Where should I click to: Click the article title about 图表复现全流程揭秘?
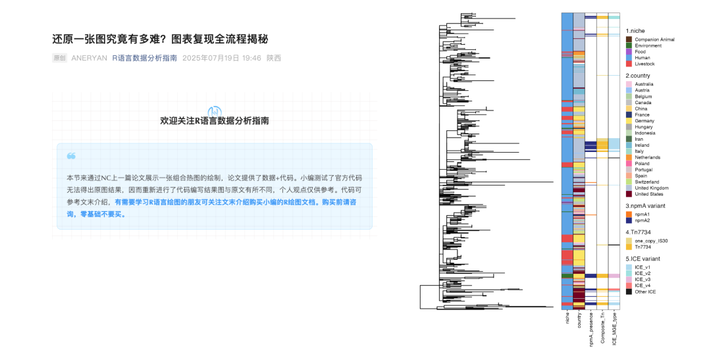point(160,39)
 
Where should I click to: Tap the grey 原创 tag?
point(59,58)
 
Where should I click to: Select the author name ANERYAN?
point(89,58)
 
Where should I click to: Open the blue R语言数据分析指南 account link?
point(144,58)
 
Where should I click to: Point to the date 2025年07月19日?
point(212,58)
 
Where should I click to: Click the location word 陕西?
point(274,58)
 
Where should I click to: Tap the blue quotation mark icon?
point(71,156)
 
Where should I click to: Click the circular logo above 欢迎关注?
point(215,111)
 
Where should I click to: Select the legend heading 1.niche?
point(635,31)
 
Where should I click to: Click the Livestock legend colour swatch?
point(629,64)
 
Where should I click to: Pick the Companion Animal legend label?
point(654,39)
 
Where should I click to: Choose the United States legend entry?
point(649,194)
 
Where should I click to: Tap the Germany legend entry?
point(644,121)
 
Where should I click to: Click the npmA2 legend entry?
point(642,220)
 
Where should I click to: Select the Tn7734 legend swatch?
point(629,247)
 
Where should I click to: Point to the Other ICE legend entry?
point(645,292)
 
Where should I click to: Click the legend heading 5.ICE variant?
point(643,259)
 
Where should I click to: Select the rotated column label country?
point(579,321)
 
